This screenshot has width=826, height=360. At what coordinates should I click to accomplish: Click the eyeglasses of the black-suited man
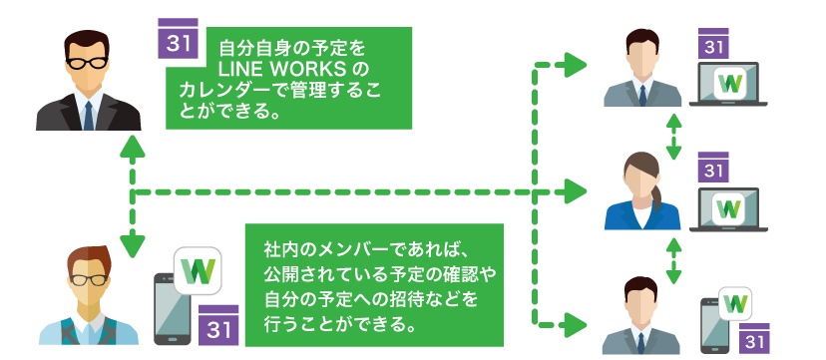pos(87,63)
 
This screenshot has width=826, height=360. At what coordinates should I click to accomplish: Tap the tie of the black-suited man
pos(89,116)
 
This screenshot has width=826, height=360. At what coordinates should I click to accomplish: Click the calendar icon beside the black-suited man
pos(178,39)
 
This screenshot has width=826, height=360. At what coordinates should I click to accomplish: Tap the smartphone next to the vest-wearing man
pos(174,309)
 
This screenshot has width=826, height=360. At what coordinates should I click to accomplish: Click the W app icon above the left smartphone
pos(198,270)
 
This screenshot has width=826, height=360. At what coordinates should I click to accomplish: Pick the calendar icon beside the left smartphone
pos(218,326)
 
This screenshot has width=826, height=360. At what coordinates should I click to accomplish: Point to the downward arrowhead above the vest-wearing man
pos(133,245)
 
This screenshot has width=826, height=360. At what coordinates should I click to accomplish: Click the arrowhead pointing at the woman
pos(576,191)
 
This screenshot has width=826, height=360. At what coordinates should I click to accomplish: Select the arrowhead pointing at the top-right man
pos(576,65)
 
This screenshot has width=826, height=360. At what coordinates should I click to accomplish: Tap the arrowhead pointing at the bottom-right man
pos(576,325)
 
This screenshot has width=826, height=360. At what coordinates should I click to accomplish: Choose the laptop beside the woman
pos(728,210)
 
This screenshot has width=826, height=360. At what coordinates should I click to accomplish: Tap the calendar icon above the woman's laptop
pos(712,168)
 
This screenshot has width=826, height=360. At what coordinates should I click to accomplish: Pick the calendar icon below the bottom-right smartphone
pos(754,338)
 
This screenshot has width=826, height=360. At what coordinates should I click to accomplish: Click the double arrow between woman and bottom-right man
pos(673,261)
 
